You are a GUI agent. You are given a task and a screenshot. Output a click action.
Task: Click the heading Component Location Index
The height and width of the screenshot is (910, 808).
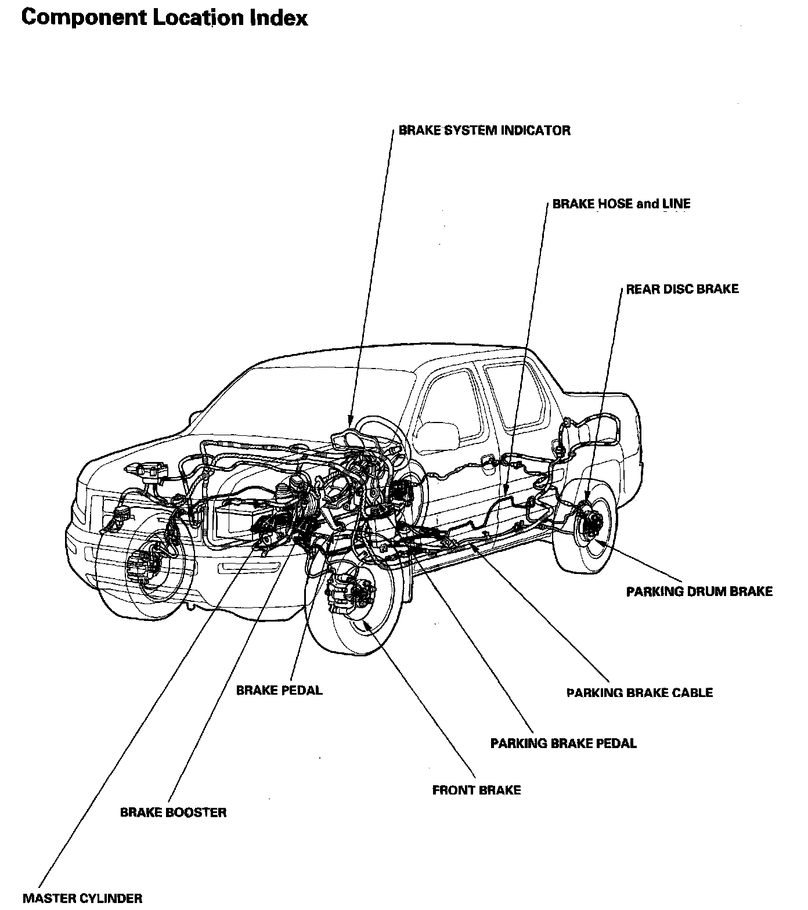coord(164,18)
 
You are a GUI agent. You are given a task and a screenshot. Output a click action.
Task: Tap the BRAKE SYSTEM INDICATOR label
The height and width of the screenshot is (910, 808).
coord(484,131)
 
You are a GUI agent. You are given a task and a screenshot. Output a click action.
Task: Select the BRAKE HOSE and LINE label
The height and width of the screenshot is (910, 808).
coord(621,204)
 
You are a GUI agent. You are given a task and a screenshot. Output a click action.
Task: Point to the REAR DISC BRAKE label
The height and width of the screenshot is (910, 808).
coord(682,289)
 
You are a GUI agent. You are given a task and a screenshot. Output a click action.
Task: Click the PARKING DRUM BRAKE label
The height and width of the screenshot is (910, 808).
coord(699,591)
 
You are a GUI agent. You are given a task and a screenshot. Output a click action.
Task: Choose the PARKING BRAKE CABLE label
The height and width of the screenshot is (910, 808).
coord(639,692)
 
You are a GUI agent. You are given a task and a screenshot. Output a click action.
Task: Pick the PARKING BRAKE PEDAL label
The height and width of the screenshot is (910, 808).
coord(563,743)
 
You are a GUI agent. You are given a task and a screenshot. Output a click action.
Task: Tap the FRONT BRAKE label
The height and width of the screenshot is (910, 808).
coord(477,790)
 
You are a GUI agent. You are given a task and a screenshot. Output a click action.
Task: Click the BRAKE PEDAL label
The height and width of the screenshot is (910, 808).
coord(279,691)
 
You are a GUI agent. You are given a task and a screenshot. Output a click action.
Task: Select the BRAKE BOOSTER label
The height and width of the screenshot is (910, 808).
coord(173,812)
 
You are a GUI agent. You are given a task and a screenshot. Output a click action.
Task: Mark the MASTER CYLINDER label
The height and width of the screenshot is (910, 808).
coord(82,898)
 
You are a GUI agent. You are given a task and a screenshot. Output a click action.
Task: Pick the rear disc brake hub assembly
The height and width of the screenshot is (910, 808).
coord(589,521)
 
